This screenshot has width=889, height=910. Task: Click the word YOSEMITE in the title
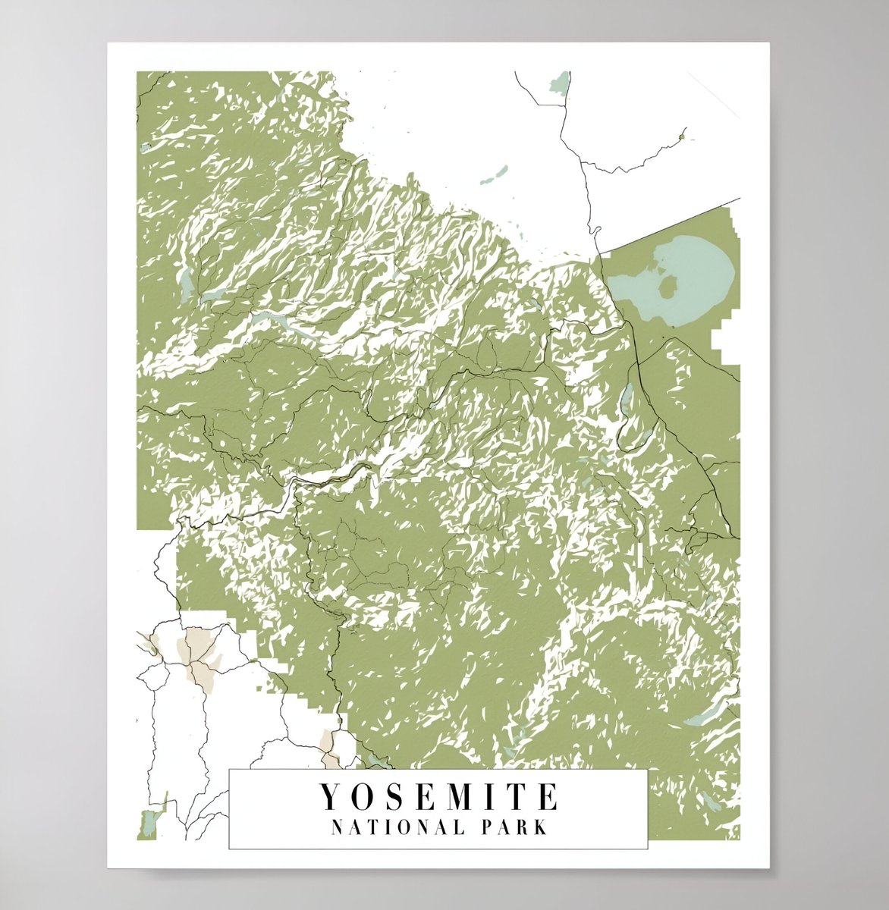[438, 797]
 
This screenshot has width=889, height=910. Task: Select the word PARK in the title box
[517, 827]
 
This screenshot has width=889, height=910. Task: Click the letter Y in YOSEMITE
[328, 797]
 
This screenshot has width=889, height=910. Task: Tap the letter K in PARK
[540, 827]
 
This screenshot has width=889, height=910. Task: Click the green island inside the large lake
[667, 287]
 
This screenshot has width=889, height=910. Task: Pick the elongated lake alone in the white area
[494, 177]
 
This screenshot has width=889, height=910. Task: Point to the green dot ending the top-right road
[682, 137]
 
